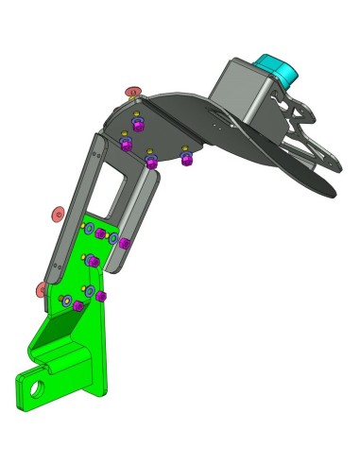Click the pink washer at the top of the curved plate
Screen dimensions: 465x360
pyautogui.click(x=134, y=92)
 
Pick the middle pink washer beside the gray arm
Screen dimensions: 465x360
pyautogui.click(x=57, y=215)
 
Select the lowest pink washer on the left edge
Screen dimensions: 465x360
pyautogui.click(x=42, y=288)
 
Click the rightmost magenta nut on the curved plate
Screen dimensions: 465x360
pyautogui.click(x=186, y=157)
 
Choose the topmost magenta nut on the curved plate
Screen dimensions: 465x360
pyautogui.click(x=138, y=124)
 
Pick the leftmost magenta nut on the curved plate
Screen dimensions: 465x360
pyautogui.click(x=126, y=146)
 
